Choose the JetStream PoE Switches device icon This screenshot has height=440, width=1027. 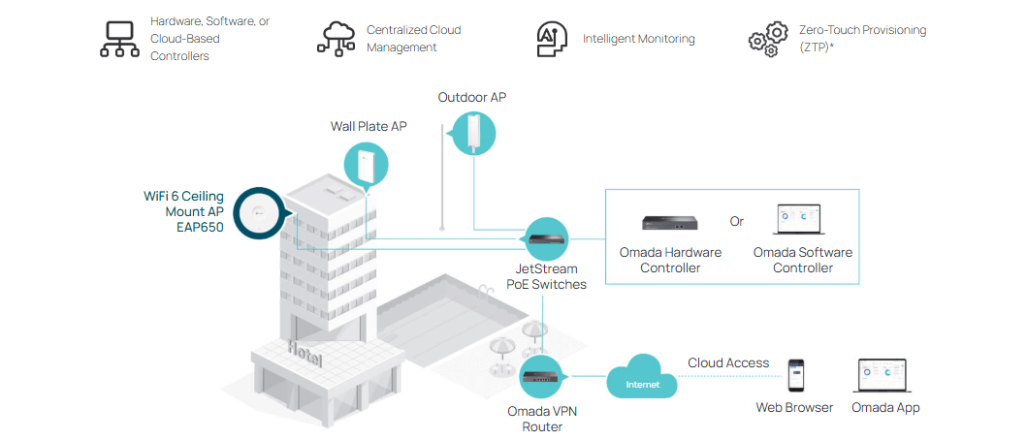tap(547, 238)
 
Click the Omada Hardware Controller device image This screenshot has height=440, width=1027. tap(670, 223)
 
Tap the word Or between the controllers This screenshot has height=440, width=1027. tap(737, 222)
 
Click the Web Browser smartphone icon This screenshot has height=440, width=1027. tap(795, 376)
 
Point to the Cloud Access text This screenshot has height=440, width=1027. tap(728, 363)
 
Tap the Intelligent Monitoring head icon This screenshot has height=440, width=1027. tap(552, 39)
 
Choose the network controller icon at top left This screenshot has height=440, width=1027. tap(120, 39)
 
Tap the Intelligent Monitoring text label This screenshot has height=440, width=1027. tap(638, 40)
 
